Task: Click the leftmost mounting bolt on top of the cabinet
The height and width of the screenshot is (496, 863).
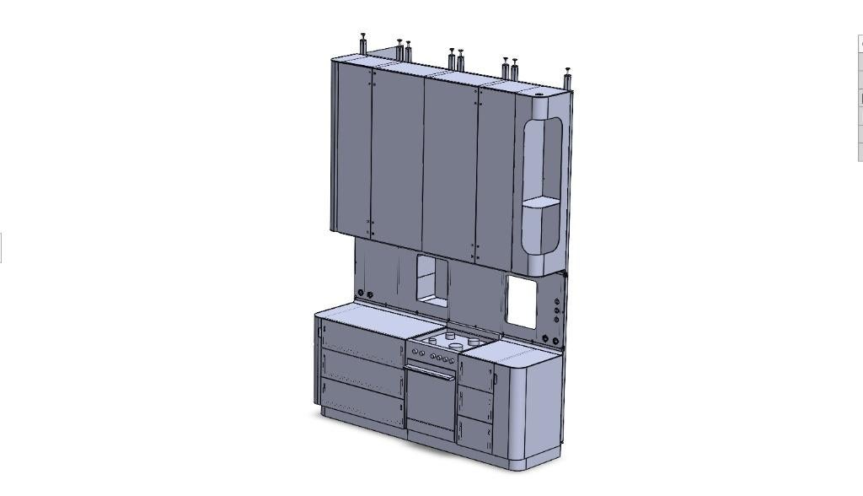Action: pos(363,44)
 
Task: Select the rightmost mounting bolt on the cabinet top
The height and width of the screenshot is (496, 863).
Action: pos(569,77)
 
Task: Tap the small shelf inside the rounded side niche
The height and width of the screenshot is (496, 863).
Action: pos(540,202)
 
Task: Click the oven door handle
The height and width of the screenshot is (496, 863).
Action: pos(431,369)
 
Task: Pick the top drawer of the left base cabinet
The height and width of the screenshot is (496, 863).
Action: pos(361,339)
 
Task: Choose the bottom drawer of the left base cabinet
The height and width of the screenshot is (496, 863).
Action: pos(361,402)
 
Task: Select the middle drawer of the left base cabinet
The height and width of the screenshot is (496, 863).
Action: pos(361,369)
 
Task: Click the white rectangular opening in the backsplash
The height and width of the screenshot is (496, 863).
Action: pos(521,303)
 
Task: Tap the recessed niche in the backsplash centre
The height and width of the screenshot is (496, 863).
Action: pos(431,281)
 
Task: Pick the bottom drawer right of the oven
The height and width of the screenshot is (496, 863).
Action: pos(475,433)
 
